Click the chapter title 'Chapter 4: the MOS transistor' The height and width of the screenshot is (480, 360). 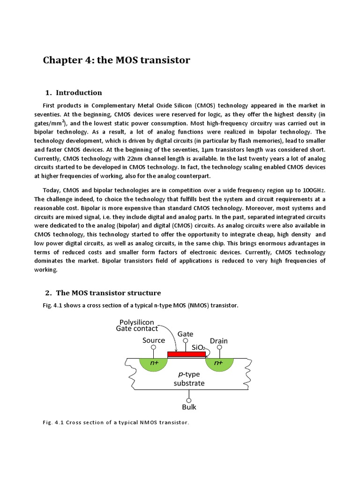(116, 60)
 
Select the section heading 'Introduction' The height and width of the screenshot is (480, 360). (79, 92)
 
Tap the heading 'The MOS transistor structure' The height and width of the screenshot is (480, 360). (108, 293)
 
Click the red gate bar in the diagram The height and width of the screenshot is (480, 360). (186, 354)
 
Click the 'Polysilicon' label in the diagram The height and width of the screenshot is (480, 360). (139, 322)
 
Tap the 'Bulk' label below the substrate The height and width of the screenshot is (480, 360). (189, 407)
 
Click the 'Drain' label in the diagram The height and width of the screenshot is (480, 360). (218, 341)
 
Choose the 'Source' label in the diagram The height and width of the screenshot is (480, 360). (154, 340)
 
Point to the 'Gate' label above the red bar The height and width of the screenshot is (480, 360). (186, 334)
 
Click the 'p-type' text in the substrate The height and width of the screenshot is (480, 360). (189, 375)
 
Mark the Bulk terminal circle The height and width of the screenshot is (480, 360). (189, 399)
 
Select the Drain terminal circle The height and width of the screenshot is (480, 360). (218, 349)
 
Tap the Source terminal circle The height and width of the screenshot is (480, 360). (154, 349)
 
